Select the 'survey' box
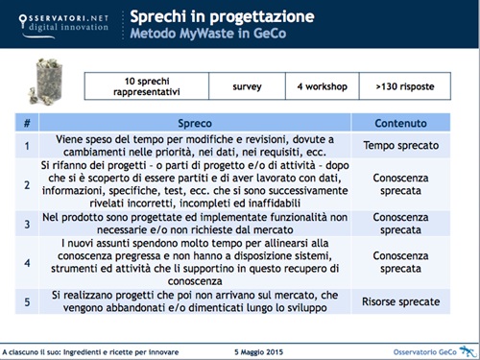[247, 85]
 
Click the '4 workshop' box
[324, 85]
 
